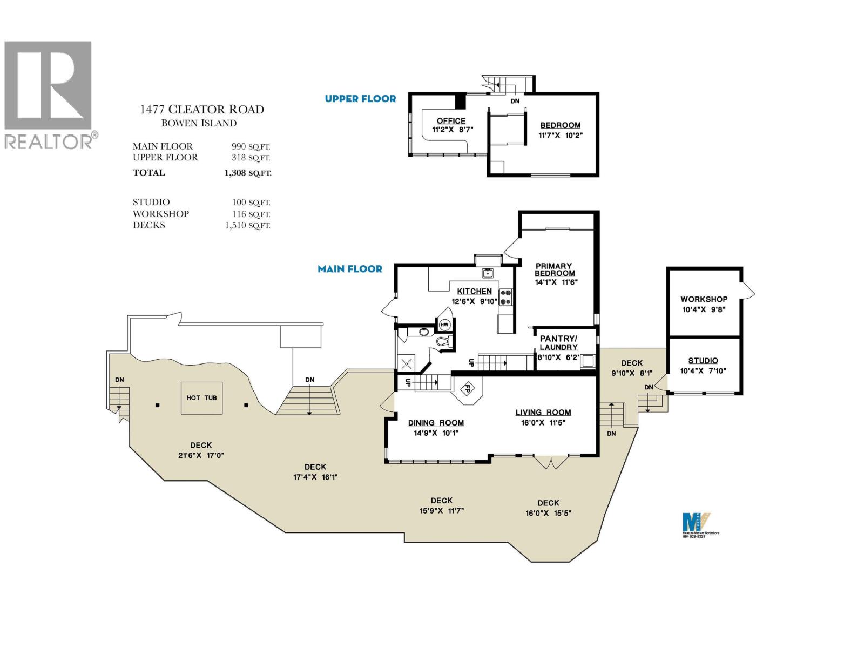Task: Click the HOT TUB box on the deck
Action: pyautogui.click(x=201, y=398)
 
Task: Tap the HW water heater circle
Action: pyautogui.click(x=444, y=325)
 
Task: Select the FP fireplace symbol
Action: pyautogui.click(x=468, y=388)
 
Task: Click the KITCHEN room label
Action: pyautogui.click(x=474, y=291)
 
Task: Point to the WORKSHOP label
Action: pyautogui.click(x=704, y=299)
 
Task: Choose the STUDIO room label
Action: pyautogui.click(x=703, y=361)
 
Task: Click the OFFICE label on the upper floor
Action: pyautogui.click(x=451, y=121)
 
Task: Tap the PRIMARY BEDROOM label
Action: pyautogui.click(x=555, y=269)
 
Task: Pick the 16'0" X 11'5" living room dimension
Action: pyautogui.click(x=543, y=423)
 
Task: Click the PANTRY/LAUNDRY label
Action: pyautogui.click(x=558, y=343)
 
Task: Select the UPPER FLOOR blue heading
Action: pyautogui.click(x=360, y=99)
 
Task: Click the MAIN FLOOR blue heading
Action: pyautogui.click(x=350, y=269)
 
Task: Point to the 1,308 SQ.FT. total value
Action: pyautogui.click(x=248, y=173)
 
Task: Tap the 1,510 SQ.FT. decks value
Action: pyautogui.click(x=248, y=226)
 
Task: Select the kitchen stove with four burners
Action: pyautogui.click(x=506, y=297)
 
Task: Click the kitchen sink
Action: pyautogui.click(x=488, y=273)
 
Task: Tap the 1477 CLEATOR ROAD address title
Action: pyautogui.click(x=201, y=110)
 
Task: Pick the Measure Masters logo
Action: pyautogui.click(x=697, y=523)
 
